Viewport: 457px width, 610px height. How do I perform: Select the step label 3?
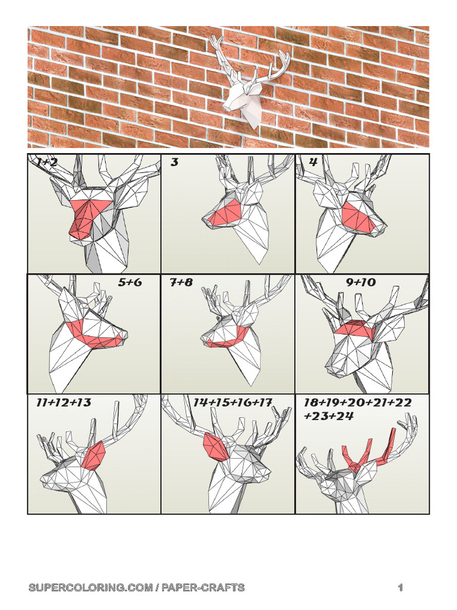(x=174, y=162)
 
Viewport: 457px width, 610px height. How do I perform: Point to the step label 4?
(x=313, y=162)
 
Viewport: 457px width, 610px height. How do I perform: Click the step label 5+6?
(x=130, y=282)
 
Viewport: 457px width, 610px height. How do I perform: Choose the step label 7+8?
(x=181, y=282)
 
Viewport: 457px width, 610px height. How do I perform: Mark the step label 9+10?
(x=361, y=282)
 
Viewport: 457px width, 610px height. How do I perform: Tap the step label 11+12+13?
(x=64, y=403)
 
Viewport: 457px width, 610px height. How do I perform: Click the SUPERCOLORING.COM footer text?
(x=136, y=588)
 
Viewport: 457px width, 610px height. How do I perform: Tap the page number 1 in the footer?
(x=400, y=588)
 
